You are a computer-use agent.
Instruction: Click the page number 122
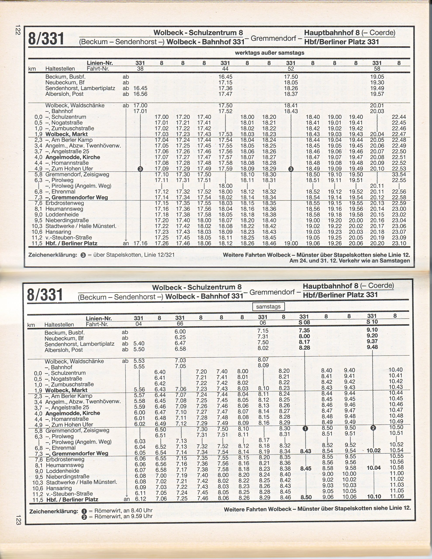(x=17, y=30)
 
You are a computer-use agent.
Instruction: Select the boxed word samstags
(x=268, y=307)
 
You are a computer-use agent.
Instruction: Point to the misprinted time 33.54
(x=399, y=174)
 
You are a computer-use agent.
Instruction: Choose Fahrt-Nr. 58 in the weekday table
(x=377, y=69)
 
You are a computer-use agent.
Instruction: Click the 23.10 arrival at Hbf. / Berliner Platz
(x=399, y=243)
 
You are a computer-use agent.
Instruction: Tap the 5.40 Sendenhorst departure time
(x=139, y=343)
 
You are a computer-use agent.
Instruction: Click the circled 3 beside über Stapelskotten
(x=83, y=255)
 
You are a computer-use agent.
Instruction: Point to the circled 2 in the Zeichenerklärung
(x=84, y=517)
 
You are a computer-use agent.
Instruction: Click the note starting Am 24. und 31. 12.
(x=349, y=261)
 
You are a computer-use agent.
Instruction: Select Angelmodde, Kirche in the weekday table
(x=72, y=157)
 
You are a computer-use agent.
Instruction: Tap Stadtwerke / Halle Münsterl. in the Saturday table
(x=81, y=482)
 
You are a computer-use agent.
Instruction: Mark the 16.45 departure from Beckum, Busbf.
(x=225, y=77)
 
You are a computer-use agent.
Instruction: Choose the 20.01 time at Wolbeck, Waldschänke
(x=377, y=105)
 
